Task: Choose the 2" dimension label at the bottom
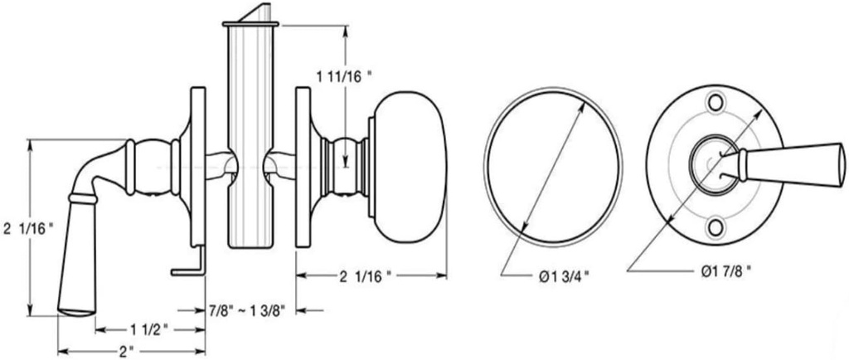point(125,351)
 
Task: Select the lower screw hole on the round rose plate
point(716,225)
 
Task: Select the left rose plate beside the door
point(197,166)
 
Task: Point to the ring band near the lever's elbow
point(82,198)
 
